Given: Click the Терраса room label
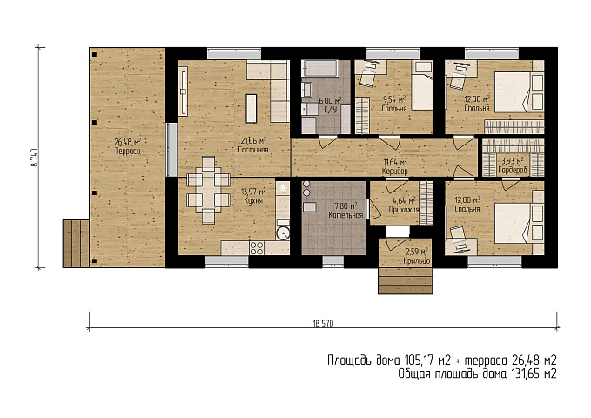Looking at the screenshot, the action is point(128,152).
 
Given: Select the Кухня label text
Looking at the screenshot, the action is point(253,200).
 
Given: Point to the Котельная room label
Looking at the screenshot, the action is point(346,215).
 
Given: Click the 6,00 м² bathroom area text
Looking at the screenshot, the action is point(330,101).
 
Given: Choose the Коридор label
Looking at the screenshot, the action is point(395,172).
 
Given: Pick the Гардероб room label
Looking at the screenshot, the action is point(513,171).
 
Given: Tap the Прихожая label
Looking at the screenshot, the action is point(404,210).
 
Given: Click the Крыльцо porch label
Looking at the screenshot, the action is point(417,260).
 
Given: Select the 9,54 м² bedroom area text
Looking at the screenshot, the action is point(394,99).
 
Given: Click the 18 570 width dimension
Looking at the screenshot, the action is point(323,323).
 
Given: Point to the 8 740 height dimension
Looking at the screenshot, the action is point(34,158).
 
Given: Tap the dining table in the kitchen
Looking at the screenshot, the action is point(208,190).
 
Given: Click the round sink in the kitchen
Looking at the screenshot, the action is point(283,234).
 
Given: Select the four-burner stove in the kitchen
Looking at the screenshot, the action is point(257,248).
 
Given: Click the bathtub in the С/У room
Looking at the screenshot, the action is point(319,68).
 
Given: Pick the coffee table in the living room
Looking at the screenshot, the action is point(252,109).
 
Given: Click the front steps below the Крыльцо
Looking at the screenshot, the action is point(406,280).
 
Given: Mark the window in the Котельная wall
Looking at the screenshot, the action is point(332,260).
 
